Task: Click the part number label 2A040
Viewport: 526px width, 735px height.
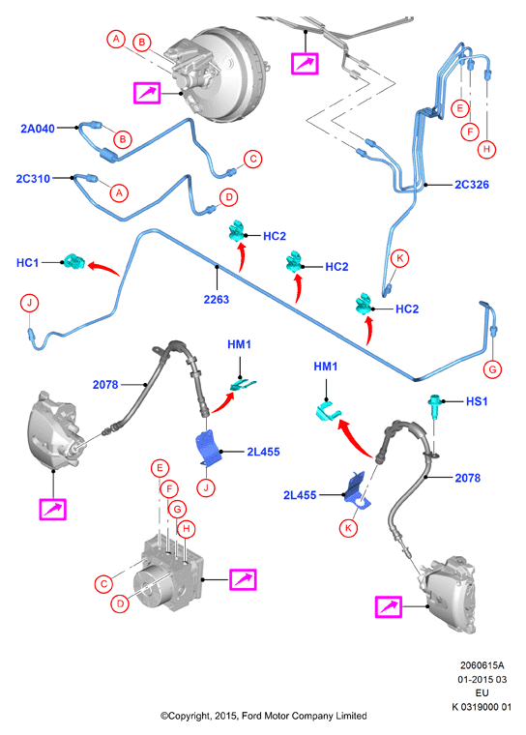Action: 38,129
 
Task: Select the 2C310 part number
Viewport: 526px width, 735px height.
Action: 33,179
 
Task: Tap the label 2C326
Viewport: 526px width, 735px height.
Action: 472,185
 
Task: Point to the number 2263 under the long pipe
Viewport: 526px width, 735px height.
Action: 217,299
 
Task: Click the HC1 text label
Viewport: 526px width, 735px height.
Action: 28,263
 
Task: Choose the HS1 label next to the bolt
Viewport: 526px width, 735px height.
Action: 477,401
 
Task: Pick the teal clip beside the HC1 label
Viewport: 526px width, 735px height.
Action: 73,261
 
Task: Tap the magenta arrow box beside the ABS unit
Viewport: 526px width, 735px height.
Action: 243,580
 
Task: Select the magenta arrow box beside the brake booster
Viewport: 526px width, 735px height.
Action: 147,93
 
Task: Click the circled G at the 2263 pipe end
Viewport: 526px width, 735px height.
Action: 492,369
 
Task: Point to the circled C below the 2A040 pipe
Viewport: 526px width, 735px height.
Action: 253,159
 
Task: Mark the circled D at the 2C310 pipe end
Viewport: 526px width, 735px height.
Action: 229,197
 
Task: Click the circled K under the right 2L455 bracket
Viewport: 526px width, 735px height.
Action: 348,528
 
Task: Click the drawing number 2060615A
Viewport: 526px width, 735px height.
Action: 482,665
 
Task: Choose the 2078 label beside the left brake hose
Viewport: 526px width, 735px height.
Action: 105,385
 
